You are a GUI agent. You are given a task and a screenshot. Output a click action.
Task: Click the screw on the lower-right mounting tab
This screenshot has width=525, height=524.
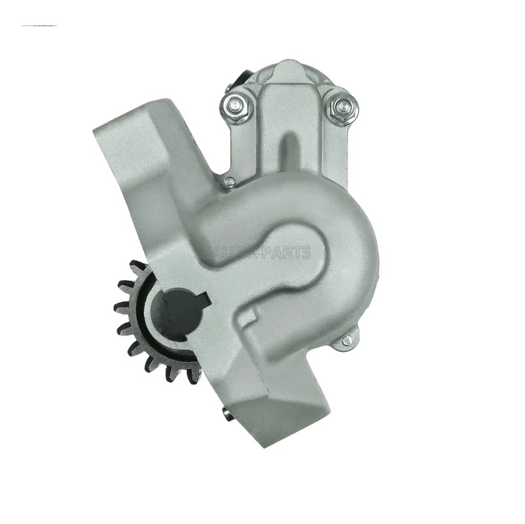pyautogui.click(x=347, y=339)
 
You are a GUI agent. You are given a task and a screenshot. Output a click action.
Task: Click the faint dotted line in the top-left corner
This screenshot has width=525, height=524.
pyautogui.click(x=39, y=26)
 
